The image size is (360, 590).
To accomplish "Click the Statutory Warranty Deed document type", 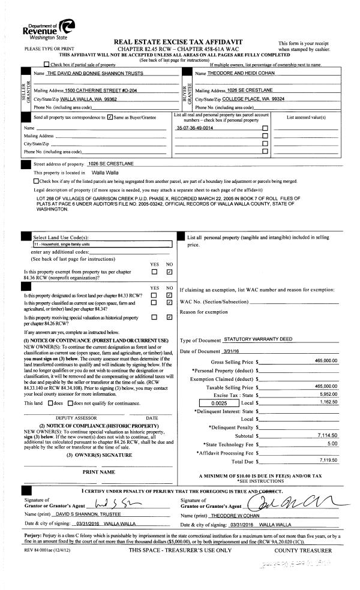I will (257, 339).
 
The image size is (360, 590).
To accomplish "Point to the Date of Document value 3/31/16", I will (232, 351).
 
